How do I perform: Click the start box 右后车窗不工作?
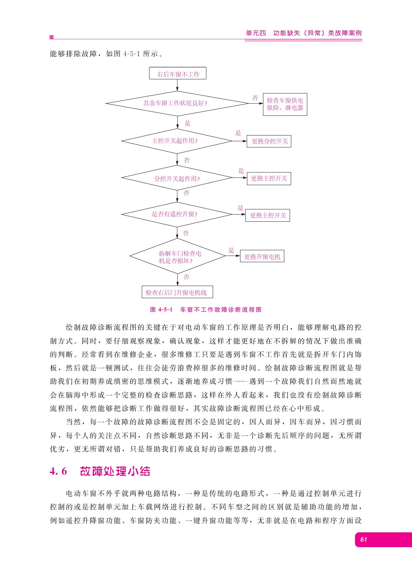pyautogui.click(x=178, y=73)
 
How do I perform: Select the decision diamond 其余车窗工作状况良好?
pyautogui.click(x=177, y=103)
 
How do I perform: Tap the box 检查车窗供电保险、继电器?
pyautogui.click(x=285, y=104)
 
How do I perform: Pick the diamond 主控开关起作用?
pyautogui.click(x=177, y=141)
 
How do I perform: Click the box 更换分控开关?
pyautogui.click(x=269, y=141)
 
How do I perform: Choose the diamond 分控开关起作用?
pyautogui.click(x=177, y=178)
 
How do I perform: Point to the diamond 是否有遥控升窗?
pyautogui.click(x=177, y=214)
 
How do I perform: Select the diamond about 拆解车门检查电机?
pyautogui.click(x=178, y=256)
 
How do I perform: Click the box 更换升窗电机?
pyautogui.click(x=262, y=256)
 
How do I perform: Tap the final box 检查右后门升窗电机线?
pyautogui.click(x=177, y=292)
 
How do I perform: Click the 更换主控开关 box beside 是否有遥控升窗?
pyautogui.click(x=268, y=215)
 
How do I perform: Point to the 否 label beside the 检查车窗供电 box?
pyautogui.click(x=255, y=98)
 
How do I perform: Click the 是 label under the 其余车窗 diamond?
pyautogui.click(x=188, y=123)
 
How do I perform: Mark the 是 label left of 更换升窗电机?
pyautogui.click(x=231, y=250)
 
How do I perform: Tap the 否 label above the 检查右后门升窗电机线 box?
pyautogui.click(x=187, y=277)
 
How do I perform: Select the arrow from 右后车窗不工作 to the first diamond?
pyautogui.click(x=177, y=85)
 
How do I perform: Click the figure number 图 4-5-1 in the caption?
pyautogui.click(x=161, y=309)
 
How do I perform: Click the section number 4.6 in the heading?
pyautogui.click(x=58, y=471)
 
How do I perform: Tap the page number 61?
pyautogui.click(x=364, y=539)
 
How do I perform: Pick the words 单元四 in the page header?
pyautogui.click(x=256, y=33)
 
